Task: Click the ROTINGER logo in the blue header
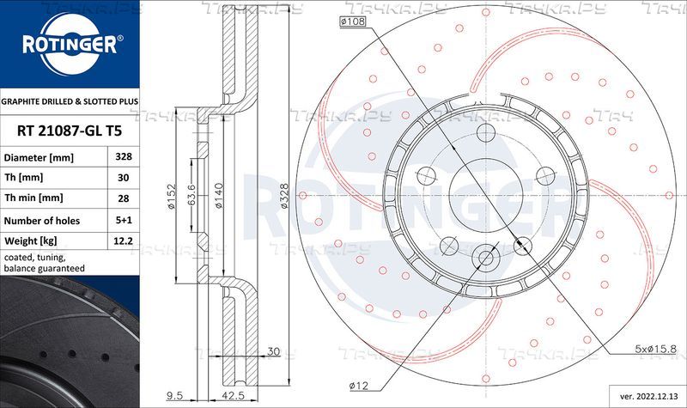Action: point(70,44)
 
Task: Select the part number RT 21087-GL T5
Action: point(70,131)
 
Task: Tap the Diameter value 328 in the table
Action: point(124,156)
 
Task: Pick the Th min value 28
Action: point(124,198)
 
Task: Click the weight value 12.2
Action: point(123,241)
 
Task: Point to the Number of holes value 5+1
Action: point(124,220)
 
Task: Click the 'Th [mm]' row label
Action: point(24,178)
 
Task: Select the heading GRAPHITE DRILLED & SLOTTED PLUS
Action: point(70,101)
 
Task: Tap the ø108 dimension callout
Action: point(352,21)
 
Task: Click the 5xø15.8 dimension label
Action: point(656,349)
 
